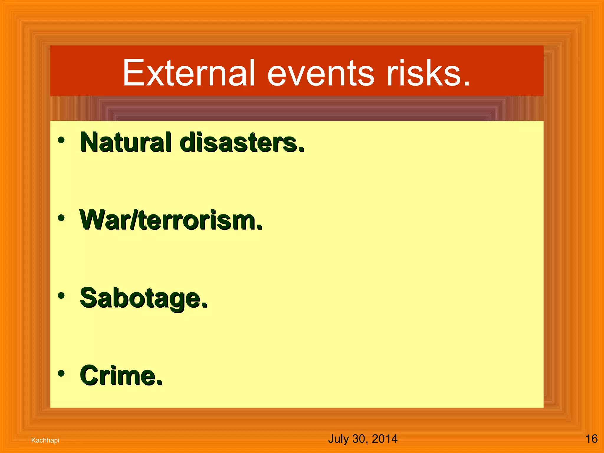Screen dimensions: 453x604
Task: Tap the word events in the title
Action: (x=321, y=73)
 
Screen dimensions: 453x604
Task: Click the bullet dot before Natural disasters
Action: (x=61, y=140)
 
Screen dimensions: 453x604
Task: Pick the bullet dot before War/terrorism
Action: (x=61, y=218)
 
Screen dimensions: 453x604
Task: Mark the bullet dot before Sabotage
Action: (x=61, y=296)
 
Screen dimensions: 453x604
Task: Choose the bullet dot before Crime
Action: (x=61, y=373)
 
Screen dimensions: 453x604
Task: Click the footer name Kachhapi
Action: (x=45, y=440)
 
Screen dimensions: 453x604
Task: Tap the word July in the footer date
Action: (x=338, y=439)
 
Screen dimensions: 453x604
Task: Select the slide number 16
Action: (x=591, y=439)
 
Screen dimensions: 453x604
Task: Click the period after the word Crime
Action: (x=159, y=383)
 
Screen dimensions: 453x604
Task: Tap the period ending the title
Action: (x=467, y=84)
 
